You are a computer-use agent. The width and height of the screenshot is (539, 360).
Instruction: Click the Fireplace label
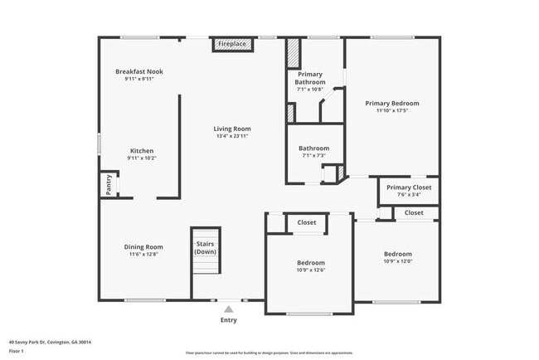pyautogui.click(x=232, y=43)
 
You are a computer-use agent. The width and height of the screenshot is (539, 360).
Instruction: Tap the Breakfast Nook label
pyautogui.click(x=139, y=72)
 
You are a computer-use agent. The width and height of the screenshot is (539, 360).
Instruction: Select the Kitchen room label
pyautogui.click(x=142, y=151)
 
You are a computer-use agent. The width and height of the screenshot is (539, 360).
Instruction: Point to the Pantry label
pyautogui.click(x=109, y=184)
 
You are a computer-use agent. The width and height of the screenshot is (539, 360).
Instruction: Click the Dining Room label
pyautogui.click(x=143, y=247)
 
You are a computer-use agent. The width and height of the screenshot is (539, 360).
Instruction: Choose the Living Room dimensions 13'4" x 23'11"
pyautogui.click(x=232, y=135)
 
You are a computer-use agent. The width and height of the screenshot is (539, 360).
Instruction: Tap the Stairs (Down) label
pyautogui.click(x=206, y=247)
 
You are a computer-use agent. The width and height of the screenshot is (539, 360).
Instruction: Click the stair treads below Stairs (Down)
pyautogui.click(x=206, y=264)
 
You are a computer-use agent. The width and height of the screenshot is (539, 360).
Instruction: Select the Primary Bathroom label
pyautogui.click(x=310, y=78)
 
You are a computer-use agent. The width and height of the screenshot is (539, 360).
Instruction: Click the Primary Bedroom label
pyautogui.click(x=392, y=104)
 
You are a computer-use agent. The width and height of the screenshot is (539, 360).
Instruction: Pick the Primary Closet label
pyautogui.click(x=409, y=187)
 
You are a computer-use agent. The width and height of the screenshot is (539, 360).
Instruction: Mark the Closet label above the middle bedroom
pyautogui.click(x=307, y=222)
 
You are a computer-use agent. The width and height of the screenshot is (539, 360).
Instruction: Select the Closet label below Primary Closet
pyautogui.click(x=414, y=213)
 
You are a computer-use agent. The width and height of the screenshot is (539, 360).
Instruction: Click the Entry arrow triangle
pyautogui.click(x=229, y=309)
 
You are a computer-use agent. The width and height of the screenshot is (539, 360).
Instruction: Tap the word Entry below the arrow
pyautogui.click(x=229, y=320)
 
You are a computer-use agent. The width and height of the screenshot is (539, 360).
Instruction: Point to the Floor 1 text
pyautogui.click(x=17, y=351)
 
